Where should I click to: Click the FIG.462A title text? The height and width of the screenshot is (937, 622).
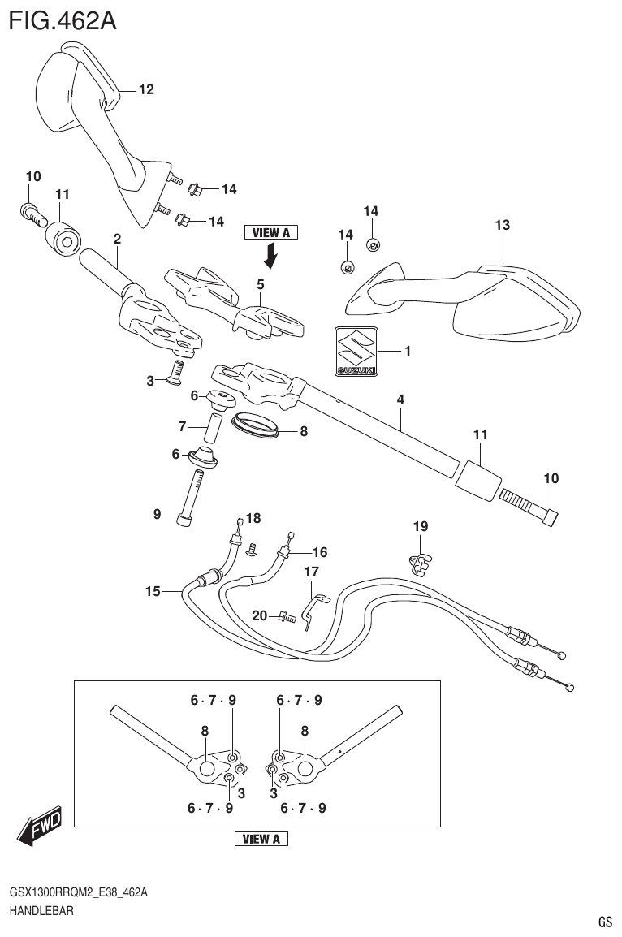click(x=62, y=19)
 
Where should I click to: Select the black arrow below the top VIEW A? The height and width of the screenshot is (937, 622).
click(x=270, y=257)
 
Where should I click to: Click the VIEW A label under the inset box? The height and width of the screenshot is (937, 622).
click(x=261, y=839)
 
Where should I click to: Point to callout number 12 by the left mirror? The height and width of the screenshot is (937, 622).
click(x=145, y=89)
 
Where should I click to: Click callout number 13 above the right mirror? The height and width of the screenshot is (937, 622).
click(x=502, y=225)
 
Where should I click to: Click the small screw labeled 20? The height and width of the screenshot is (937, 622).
click(x=285, y=617)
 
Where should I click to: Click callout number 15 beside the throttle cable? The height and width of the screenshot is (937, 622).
click(x=153, y=591)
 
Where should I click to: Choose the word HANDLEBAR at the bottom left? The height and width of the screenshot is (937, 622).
click(x=41, y=911)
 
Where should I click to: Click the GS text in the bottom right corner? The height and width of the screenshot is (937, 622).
click(x=605, y=922)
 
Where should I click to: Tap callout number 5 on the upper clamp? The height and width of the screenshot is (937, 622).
click(x=261, y=284)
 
